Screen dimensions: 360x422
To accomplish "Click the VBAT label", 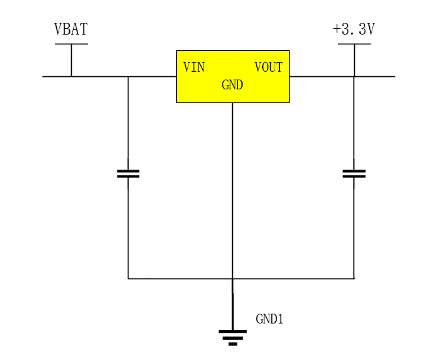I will coord(70,29).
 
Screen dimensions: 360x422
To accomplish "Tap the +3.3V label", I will coord(354,29).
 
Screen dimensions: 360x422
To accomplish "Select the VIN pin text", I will coord(194,67).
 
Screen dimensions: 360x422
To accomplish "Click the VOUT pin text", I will coord(268,67).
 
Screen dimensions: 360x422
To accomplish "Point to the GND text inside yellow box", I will coord(232,85).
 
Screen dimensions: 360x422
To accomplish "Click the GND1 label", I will coord(269,319).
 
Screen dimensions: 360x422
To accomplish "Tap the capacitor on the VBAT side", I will coord(128,173).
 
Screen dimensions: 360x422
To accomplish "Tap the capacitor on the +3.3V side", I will coord(354,173).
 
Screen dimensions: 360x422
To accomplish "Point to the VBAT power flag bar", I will coord(71,44).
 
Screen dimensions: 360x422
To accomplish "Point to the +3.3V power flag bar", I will coord(354,44).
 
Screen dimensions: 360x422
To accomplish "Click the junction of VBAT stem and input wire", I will coord(71,76).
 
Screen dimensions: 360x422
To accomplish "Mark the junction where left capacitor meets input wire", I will coord(128,76).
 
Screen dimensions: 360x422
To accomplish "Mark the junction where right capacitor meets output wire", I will coord(354,76).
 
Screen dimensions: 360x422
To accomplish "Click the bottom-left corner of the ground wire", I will coord(128,278).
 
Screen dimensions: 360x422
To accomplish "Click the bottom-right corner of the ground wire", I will coord(354,278).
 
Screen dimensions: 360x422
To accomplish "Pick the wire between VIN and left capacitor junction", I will coord(152,76).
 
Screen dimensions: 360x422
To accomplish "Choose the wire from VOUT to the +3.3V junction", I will coord(321,76).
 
